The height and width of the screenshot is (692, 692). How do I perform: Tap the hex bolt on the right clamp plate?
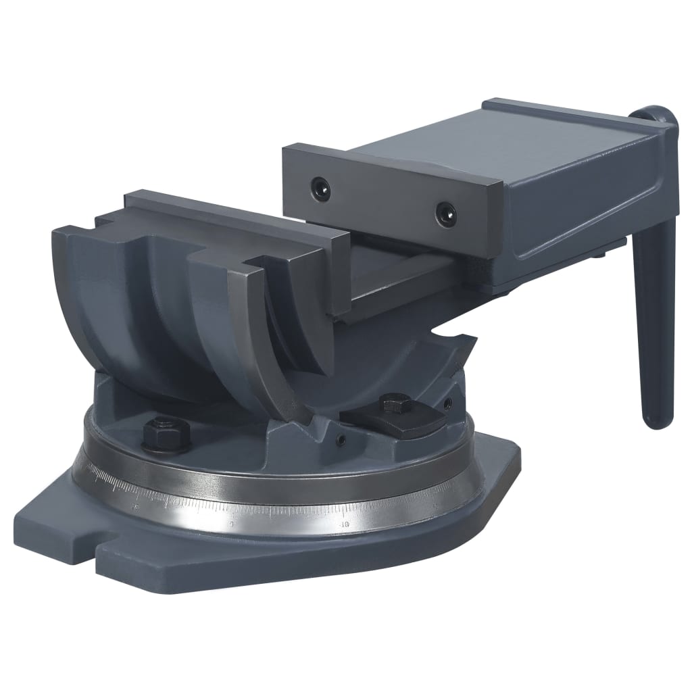click(x=392, y=405)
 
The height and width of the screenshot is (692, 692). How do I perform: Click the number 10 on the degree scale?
click(x=345, y=522)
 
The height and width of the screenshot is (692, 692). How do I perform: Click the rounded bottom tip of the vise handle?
click(x=653, y=422)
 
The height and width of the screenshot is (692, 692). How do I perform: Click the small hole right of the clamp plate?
click(x=446, y=405)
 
